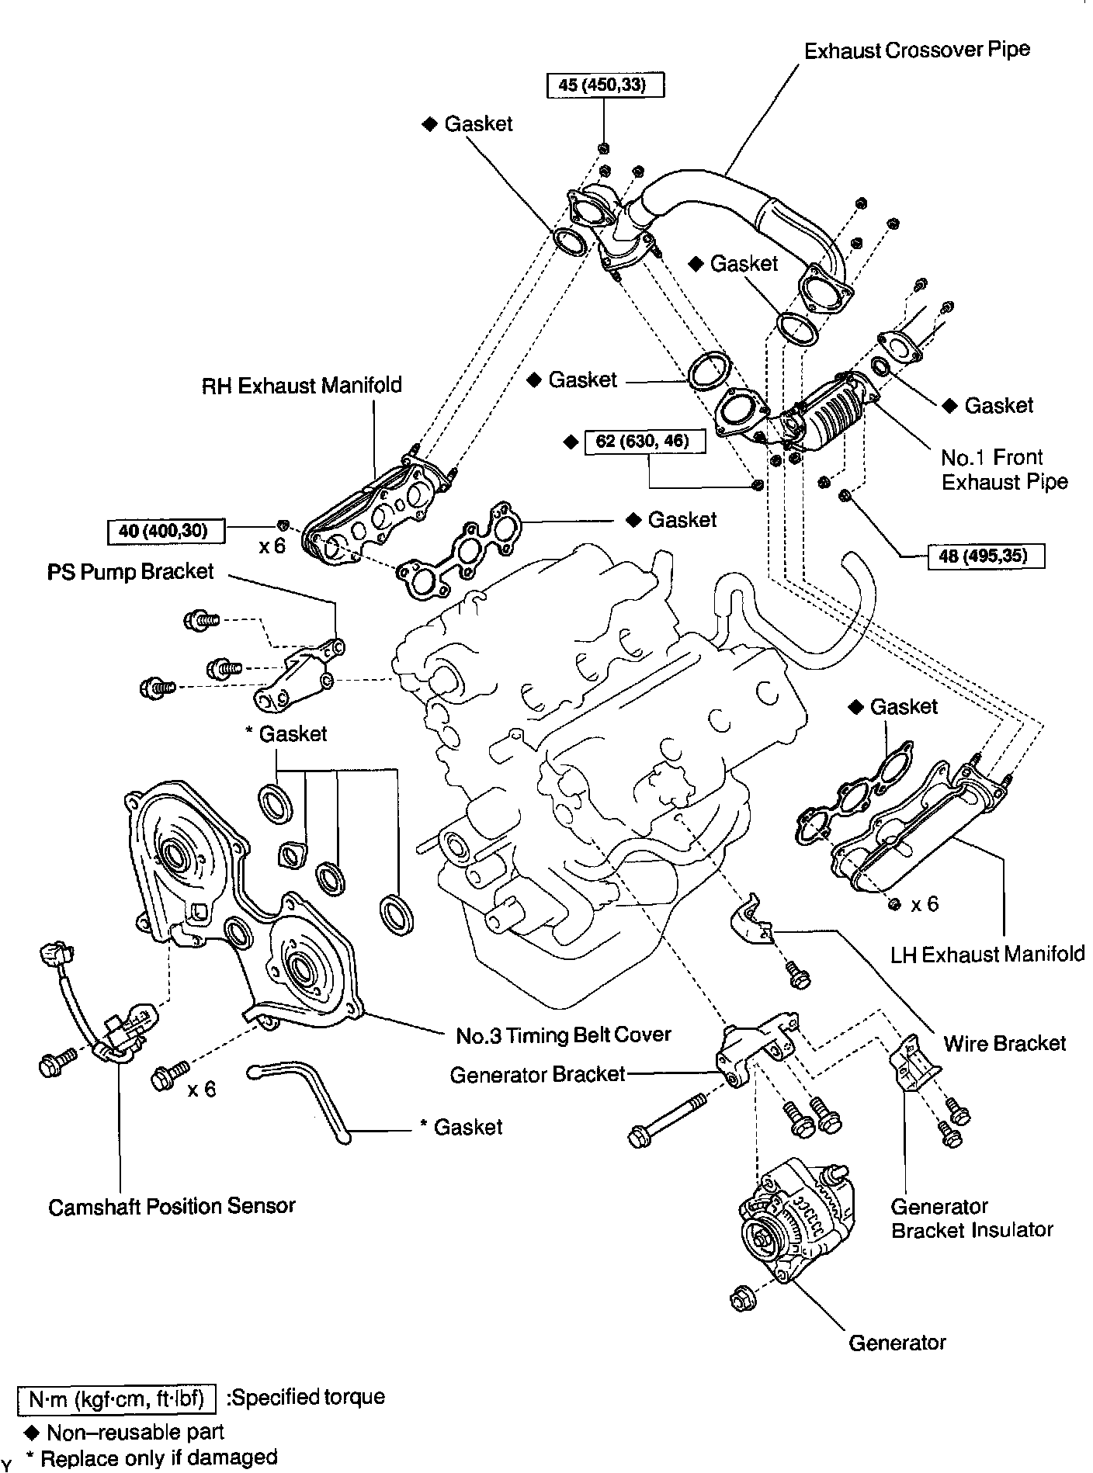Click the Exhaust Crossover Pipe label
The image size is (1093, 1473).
(917, 51)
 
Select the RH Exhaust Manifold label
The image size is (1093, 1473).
(302, 385)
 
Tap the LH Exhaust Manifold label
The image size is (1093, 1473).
(987, 953)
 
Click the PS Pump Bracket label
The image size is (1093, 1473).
(130, 572)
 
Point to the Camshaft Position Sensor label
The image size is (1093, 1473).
(172, 1206)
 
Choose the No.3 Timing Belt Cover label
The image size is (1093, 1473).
(563, 1035)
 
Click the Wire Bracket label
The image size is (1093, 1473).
(1005, 1043)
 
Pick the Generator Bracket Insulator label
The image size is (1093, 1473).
(971, 1218)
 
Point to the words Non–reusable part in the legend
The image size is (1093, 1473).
(135, 1432)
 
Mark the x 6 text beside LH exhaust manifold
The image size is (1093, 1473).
(924, 904)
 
